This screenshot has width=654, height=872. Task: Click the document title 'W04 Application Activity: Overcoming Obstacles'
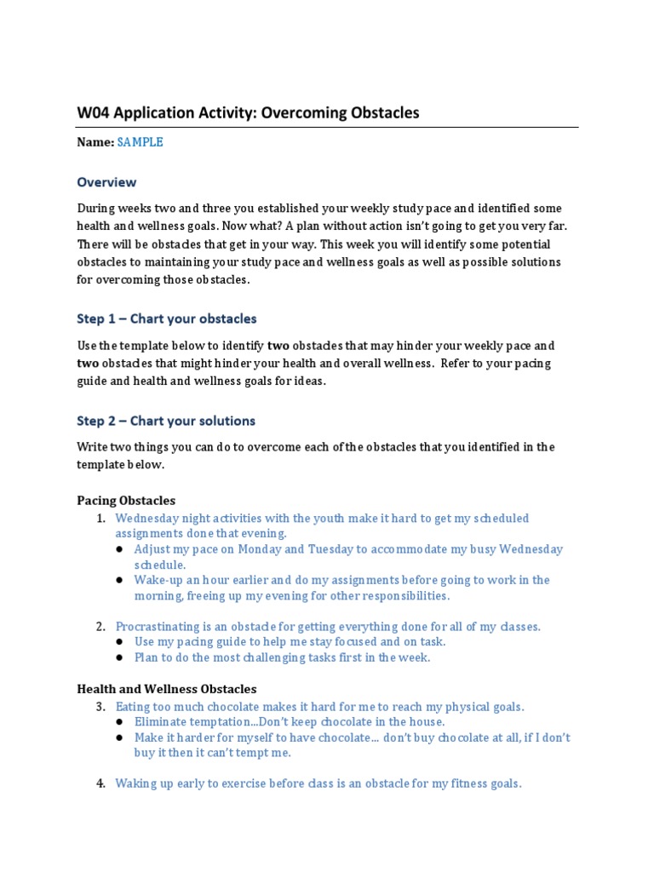[x=248, y=113]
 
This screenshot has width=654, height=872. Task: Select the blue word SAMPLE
[x=140, y=142]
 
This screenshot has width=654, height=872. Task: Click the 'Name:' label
[x=95, y=142]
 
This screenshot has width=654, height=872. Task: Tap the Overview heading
[x=106, y=182]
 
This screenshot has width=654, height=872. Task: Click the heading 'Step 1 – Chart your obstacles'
[x=166, y=318]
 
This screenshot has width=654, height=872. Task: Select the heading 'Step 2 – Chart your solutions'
[x=166, y=421]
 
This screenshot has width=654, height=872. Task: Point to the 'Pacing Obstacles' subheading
[x=126, y=501]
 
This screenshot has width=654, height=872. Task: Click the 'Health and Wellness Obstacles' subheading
[x=166, y=689]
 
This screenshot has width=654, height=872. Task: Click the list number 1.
[x=100, y=519]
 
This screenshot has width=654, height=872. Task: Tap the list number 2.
[x=100, y=627]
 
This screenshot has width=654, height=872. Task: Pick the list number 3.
[x=100, y=707]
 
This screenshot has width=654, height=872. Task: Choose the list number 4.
[x=100, y=783]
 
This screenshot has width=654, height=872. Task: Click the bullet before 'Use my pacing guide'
[x=120, y=642]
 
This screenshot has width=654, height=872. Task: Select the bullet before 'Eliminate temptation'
[x=120, y=722]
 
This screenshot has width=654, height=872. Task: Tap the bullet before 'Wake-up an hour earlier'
[x=120, y=580]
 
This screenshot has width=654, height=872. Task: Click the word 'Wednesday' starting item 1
[x=147, y=519]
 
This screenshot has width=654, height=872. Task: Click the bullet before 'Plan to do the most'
[x=120, y=657]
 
